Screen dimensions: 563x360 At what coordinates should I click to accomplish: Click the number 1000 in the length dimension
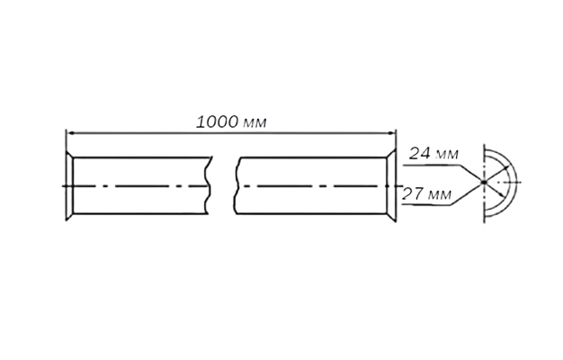tap(218, 122)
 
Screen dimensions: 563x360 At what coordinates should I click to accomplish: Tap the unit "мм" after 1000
tap(255, 123)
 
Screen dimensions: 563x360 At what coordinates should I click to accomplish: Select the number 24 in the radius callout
tap(419, 153)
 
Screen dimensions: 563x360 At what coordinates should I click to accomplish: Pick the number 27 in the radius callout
tap(412, 194)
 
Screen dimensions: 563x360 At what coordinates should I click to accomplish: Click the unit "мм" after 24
tap(447, 155)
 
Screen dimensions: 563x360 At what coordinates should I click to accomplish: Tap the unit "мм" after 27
tap(440, 195)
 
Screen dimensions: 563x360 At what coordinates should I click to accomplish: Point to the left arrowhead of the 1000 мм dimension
tap(70, 133)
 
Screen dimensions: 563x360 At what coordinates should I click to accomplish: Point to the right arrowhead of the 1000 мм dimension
tap(391, 133)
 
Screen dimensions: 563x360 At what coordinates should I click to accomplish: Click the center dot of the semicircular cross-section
tap(484, 183)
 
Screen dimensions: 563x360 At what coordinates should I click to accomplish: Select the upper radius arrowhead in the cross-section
tap(506, 168)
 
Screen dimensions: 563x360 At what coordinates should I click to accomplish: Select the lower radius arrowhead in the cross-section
tap(501, 193)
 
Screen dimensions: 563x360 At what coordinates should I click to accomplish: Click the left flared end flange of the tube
tap(69, 185)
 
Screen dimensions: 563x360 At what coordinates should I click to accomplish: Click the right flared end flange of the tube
tap(391, 185)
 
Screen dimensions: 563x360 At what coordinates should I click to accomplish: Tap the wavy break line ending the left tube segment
tap(209, 185)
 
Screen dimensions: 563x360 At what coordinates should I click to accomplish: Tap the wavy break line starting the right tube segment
tap(237, 185)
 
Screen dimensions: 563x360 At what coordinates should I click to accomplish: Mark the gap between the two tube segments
tap(223, 185)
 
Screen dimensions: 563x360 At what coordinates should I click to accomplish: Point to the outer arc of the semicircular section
tap(515, 183)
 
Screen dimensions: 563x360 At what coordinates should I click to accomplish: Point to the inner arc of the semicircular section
tap(510, 183)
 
